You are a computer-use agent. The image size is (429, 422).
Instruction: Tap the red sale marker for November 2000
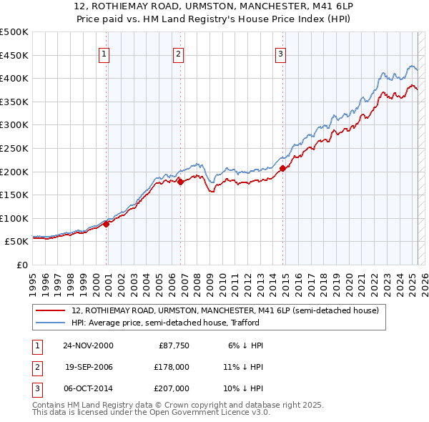(x=107, y=224)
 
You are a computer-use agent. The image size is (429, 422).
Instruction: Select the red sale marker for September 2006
(x=180, y=182)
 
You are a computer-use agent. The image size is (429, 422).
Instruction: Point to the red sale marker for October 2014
(x=282, y=168)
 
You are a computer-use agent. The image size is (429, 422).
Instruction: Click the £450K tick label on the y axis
(x=14, y=55)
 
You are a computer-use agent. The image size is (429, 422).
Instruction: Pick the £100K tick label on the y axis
(x=14, y=218)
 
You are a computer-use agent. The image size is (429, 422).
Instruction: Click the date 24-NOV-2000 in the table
(x=88, y=345)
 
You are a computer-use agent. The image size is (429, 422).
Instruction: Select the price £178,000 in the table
(x=173, y=367)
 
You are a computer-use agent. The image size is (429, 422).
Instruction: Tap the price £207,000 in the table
(x=173, y=388)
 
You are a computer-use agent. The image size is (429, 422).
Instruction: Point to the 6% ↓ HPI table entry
(x=245, y=345)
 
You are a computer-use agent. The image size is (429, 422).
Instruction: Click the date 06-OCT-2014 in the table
(x=88, y=388)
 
